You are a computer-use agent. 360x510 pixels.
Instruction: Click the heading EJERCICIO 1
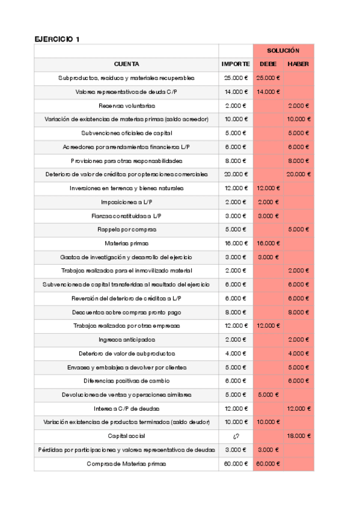pos(57,39)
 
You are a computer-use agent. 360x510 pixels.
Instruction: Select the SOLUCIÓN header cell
pos(283,51)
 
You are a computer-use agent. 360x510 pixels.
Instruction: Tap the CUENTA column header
pos(126,64)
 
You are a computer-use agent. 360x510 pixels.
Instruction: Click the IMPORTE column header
pos(236,64)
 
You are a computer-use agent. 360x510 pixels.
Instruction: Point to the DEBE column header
pos(268,64)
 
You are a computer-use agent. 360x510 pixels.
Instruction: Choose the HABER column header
pos(299,64)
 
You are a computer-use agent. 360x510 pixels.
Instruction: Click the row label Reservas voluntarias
pos(126,105)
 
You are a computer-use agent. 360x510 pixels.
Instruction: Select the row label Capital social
pos(126,435)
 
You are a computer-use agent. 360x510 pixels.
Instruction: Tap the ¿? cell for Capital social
pos(236,435)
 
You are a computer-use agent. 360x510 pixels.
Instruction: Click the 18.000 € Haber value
pos(299,435)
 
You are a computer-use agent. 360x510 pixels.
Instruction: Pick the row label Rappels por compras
pos(126,229)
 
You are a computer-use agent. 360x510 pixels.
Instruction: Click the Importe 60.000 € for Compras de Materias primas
pos(236,464)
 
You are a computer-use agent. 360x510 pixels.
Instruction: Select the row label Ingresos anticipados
pos(126,340)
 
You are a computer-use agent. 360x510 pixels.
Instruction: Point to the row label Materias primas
pos(126,243)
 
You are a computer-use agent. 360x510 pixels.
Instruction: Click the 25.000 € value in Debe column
pos(268,78)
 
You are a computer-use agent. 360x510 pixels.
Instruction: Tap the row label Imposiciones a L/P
pos(126,202)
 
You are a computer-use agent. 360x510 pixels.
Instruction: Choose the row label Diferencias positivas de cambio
pos(126,381)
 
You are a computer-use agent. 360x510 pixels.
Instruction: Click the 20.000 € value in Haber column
pos(299,174)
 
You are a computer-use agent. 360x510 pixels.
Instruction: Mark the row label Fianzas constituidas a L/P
pos(126,215)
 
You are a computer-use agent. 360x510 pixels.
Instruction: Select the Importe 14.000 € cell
pos(236,91)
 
